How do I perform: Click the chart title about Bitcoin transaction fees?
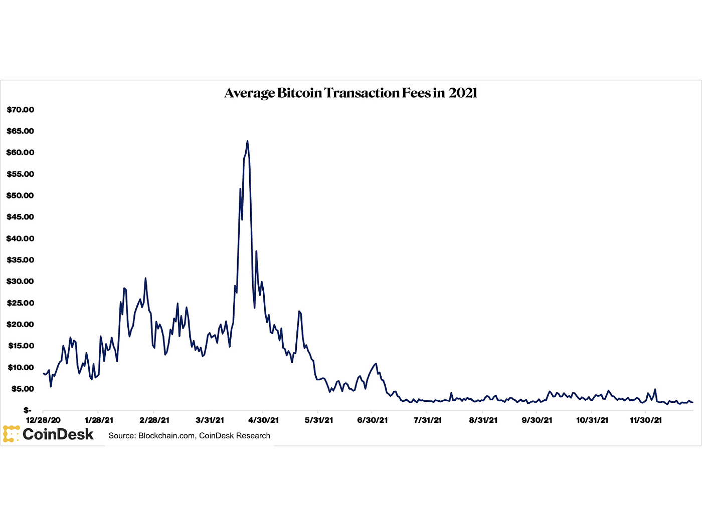click(x=350, y=93)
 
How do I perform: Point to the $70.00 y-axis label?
click(x=20, y=110)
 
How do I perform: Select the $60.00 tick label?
click(x=20, y=152)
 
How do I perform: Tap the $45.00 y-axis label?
click(x=20, y=217)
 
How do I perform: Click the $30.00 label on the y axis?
click(x=20, y=281)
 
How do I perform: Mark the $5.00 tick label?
click(x=22, y=389)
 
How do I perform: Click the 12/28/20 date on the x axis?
click(x=43, y=420)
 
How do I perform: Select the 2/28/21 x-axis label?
click(x=154, y=420)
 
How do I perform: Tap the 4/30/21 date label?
click(x=264, y=420)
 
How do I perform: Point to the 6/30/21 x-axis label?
click(x=372, y=420)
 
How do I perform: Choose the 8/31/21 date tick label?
click(x=483, y=420)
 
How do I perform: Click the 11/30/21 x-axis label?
click(x=646, y=420)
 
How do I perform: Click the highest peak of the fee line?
click(x=247, y=142)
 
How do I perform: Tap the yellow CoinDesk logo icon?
click(x=11, y=434)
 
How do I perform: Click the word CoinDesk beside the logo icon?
click(x=58, y=434)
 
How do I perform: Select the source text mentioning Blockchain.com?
click(x=190, y=436)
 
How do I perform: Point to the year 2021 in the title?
click(x=463, y=93)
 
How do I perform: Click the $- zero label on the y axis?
click(x=27, y=410)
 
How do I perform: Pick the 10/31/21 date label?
click(x=592, y=420)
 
